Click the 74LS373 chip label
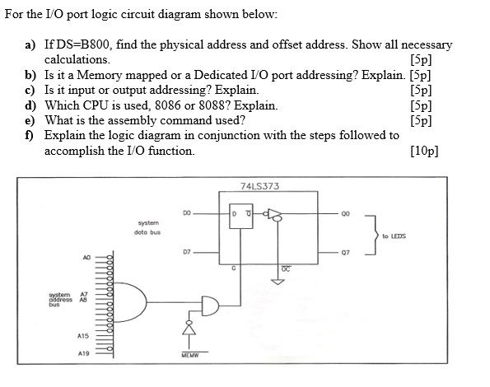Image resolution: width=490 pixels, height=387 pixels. click(260, 186)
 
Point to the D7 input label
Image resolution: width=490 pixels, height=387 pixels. click(188, 250)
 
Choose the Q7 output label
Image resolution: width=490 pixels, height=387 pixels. click(348, 251)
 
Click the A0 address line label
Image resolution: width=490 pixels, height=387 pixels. click(86, 257)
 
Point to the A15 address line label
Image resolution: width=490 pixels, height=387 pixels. click(82, 335)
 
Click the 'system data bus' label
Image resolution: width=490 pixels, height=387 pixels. click(147, 226)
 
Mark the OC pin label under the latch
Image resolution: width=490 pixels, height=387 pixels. click(282, 268)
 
